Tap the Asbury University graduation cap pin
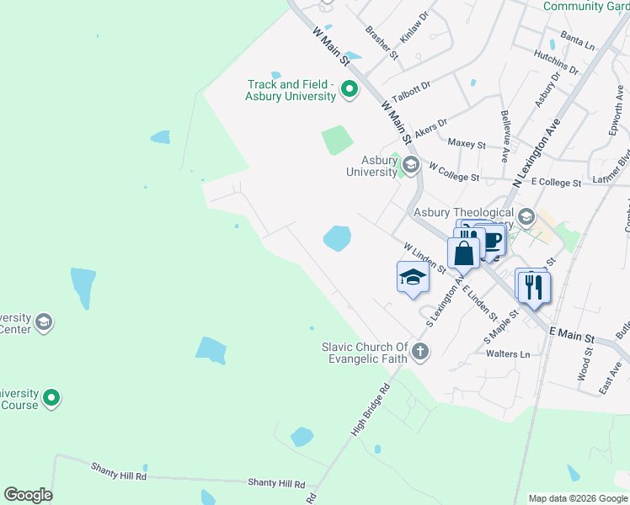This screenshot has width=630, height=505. point(411,164)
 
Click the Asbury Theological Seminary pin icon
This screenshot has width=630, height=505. point(526,217)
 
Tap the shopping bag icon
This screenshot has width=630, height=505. point(464,252)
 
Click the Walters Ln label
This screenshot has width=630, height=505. point(508,354)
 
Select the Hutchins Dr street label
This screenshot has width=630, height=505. point(556,61)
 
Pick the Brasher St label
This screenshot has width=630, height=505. point(382,42)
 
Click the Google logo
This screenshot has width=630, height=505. point(28,495)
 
